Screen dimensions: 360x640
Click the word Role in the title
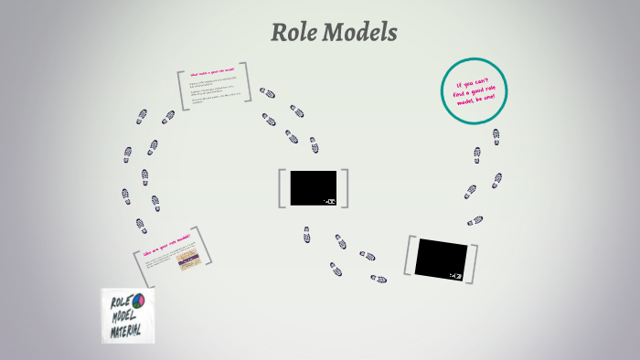click(x=293, y=33)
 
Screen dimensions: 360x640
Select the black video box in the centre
click(x=314, y=187)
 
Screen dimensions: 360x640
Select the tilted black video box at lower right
click(x=442, y=258)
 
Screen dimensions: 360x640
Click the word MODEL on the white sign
click(x=123, y=319)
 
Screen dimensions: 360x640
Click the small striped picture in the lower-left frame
click(x=187, y=262)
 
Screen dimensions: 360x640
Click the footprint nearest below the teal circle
click(x=496, y=136)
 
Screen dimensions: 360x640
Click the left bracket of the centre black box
click(x=283, y=187)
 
